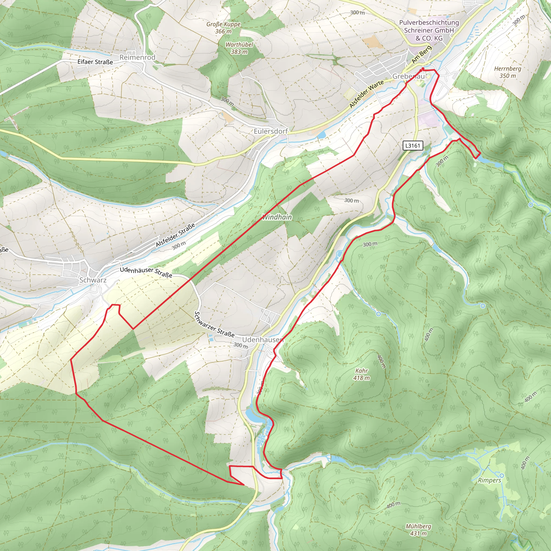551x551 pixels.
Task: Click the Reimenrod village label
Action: [x=137, y=57]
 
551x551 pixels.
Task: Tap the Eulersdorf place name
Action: [x=271, y=131]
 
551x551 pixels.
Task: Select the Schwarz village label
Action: [x=93, y=280]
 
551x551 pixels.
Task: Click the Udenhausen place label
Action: [x=262, y=340]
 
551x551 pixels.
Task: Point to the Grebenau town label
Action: [x=408, y=76]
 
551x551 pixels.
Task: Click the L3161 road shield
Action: [x=412, y=146]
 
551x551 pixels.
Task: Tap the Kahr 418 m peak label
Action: [x=361, y=374]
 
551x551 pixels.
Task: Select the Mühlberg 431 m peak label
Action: [x=418, y=529]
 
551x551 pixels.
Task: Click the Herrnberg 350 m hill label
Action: [x=507, y=72]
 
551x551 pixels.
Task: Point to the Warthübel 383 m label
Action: [x=239, y=48]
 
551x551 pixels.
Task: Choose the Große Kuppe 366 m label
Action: [x=223, y=28]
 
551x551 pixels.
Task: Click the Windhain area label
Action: [x=277, y=217]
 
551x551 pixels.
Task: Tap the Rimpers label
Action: [x=489, y=480]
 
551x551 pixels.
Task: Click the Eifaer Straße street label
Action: [x=95, y=62]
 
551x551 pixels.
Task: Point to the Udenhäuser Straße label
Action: [x=146, y=272]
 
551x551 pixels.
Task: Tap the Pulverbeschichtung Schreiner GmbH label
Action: [x=429, y=30]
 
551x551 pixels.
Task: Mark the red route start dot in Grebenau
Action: [x=422, y=69]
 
